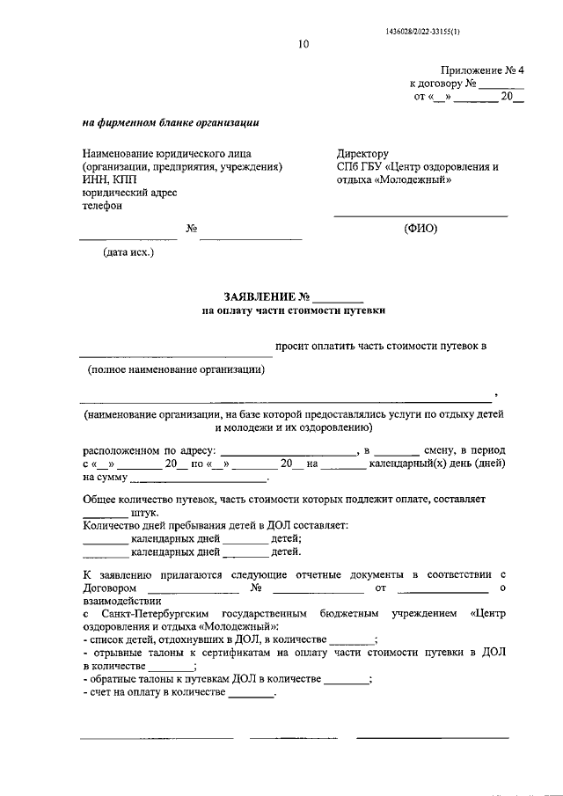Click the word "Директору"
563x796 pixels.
click(362, 154)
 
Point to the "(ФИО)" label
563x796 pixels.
click(420, 229)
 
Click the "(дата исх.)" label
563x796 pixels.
click(128, 252)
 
